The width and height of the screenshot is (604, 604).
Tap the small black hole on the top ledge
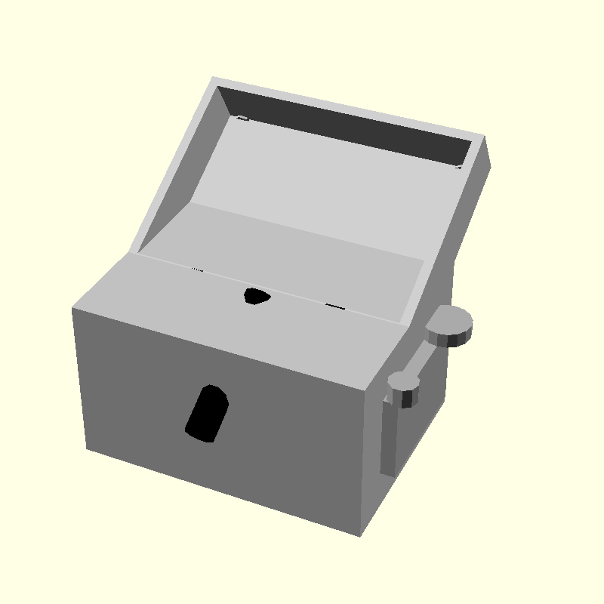click(x=256, y=296)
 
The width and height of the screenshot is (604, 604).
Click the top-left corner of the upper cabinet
click(x=214, y=78)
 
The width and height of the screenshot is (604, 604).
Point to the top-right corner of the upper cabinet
click(x=484, y=137)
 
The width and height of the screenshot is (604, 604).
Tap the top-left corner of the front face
click(x=72, y=308)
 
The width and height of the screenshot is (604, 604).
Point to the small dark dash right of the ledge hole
click(x=335, y=306)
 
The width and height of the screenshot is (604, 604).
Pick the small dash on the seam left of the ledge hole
click(x=197, y=269)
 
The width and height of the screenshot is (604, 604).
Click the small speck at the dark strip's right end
click(x=459, y=166)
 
